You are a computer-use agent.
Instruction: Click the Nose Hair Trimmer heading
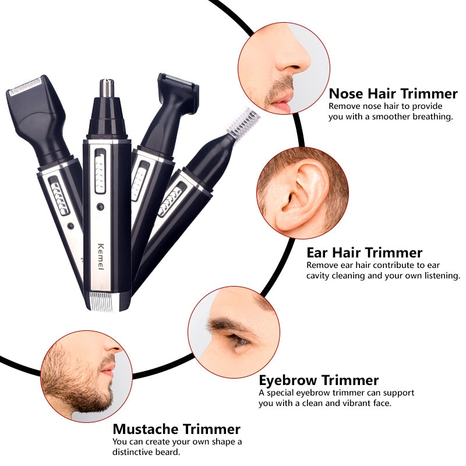tap(393, 93)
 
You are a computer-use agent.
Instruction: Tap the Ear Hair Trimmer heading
tap(364, 252)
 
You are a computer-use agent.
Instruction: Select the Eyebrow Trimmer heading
tap(319, 380)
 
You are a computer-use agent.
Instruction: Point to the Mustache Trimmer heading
tap(176, 429)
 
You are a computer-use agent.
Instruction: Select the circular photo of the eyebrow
tap(234, 331)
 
